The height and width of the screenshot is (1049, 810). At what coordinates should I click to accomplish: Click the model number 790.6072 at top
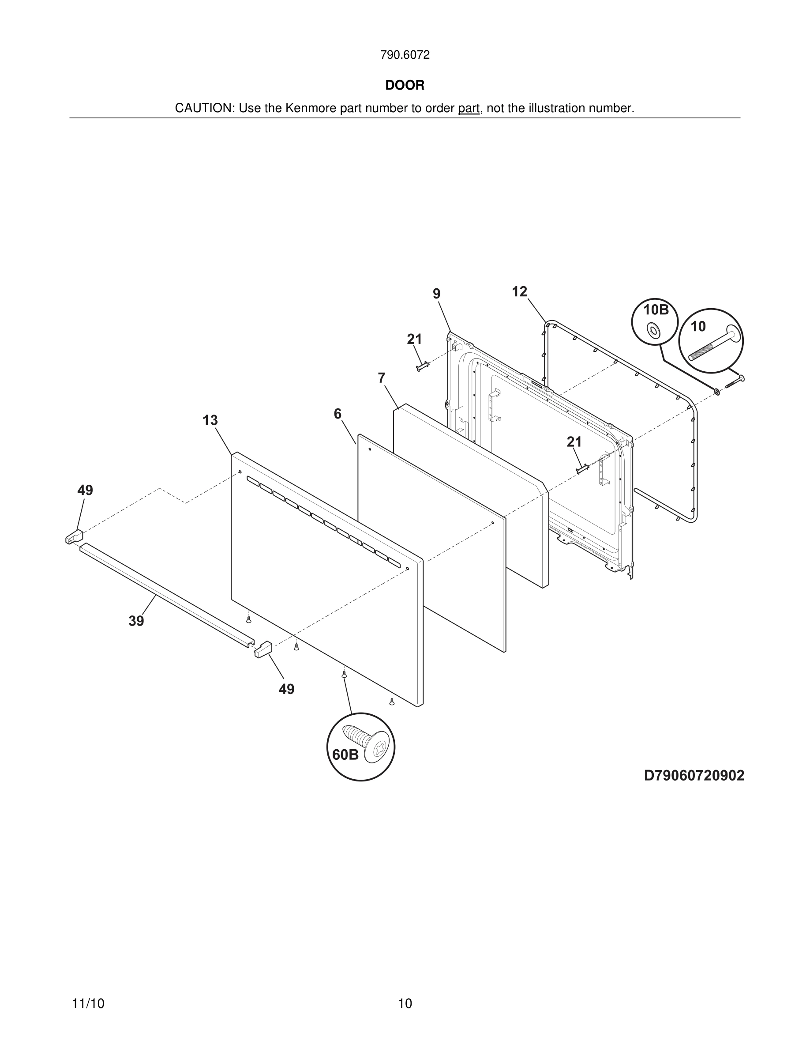(405, 55)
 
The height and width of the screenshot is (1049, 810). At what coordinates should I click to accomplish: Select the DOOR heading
(405, 86)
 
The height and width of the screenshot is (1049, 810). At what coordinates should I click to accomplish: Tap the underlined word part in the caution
(469, 109)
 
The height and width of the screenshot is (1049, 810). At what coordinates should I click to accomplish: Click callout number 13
(210, 420)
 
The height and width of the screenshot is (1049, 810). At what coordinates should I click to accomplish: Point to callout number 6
(337, 414)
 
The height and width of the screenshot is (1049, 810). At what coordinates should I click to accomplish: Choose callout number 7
(381, 378)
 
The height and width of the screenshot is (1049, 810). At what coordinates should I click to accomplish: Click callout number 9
(436, 294)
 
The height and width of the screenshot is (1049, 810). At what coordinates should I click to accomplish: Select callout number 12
(519, 291)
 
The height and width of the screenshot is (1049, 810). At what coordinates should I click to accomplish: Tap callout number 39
(136, 621)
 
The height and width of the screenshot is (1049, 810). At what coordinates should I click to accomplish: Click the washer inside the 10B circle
(652, 330)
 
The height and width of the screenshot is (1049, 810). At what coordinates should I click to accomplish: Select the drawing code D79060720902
(694, 776)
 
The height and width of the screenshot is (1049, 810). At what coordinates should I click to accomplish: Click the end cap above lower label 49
(263, 649)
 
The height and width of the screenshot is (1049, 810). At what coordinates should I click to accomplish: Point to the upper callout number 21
(414, 339)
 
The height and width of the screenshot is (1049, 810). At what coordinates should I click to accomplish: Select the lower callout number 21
(574, 441)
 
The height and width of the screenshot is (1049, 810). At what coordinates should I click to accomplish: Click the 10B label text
(656, 310)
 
